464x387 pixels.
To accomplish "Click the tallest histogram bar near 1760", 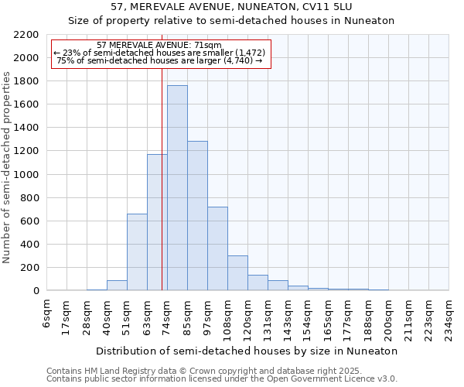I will [177, 188].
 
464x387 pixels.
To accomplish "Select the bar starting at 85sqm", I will [197, 216].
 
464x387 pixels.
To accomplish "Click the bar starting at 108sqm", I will [237, 272].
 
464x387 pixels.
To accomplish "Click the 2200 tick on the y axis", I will [26, 35].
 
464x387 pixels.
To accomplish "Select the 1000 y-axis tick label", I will [26, 175].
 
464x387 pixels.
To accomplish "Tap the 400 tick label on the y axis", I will [29, 245].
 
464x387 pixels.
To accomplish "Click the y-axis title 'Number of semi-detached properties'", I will [7, 167].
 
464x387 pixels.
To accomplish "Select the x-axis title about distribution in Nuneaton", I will [247, 351].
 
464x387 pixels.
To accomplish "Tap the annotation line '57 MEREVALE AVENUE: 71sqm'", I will [161, 45].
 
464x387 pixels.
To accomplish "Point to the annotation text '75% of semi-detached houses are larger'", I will [161, 60].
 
